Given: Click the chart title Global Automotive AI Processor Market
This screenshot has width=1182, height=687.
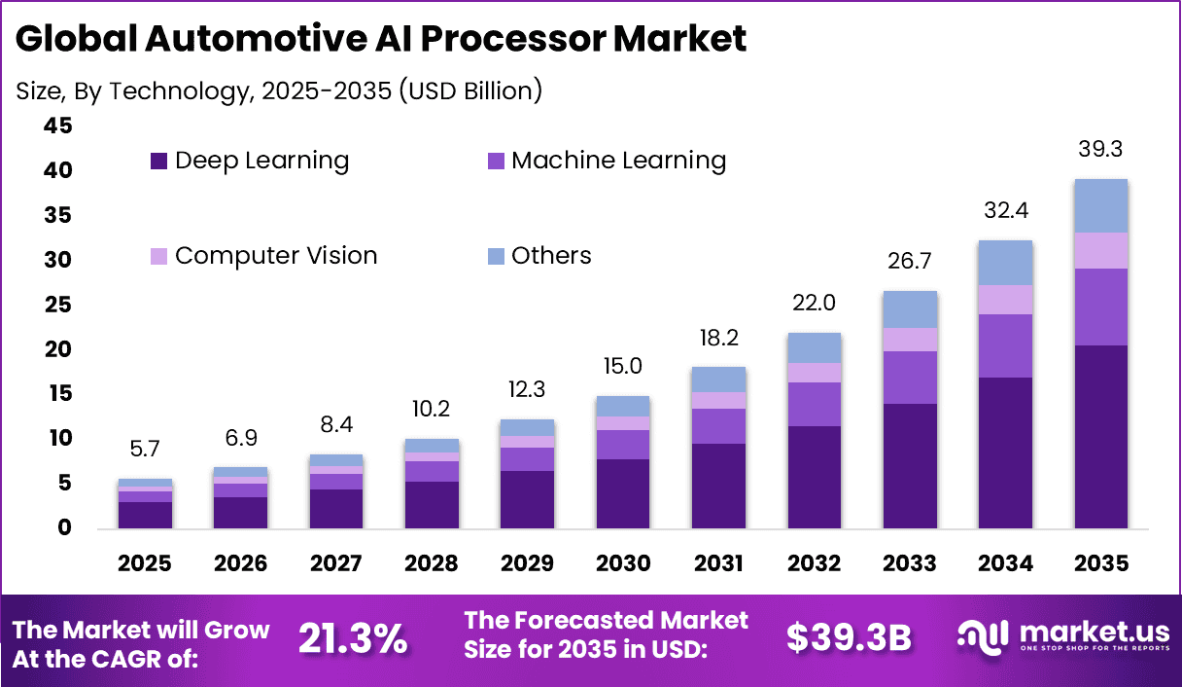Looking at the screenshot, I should pyautogui.click(x=381, y=39).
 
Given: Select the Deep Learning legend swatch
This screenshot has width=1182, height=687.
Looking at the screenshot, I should pyautogui.click(x=159, y=161).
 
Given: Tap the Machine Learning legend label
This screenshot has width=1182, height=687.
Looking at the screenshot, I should pyautogui.click(x=618, y=161).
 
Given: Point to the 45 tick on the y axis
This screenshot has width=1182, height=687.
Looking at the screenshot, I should pyautogui.click(x=57, y=126).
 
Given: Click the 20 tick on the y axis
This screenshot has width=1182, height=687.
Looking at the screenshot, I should pyautogui.click(x=57, y=349).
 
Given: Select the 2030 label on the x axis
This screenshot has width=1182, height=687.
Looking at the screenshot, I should pyautogui.click(x=623, y=564).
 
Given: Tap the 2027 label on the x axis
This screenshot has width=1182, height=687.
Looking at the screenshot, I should pyautogui.click(x=335, y=564).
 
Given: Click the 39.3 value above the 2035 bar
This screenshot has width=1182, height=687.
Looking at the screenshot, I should pyautogui.click(x=1100, y=150).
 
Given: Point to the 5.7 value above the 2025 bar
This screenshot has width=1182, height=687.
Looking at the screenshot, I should pyautogui.click(x=145, y=451).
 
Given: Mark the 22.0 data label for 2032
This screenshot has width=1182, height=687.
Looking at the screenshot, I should pyautogui.click(x=814, y=304).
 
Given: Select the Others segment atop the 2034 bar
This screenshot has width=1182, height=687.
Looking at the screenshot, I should pyautogui.click(x=1005, y=263).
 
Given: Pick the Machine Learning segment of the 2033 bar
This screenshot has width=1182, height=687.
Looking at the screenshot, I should pyautogui.click(x=910, y=377).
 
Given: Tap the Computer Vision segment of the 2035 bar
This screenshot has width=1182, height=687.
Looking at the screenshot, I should pyautogui.click(x=1100, y=250).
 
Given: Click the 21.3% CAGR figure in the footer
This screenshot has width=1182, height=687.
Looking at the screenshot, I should pyautogui.click(x=353, y=639).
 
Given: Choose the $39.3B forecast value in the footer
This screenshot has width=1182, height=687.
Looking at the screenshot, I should pyautogui.click(x=848, y=639).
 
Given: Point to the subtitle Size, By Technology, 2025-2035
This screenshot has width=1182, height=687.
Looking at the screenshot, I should pyautogui.click(x=279, y=90).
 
